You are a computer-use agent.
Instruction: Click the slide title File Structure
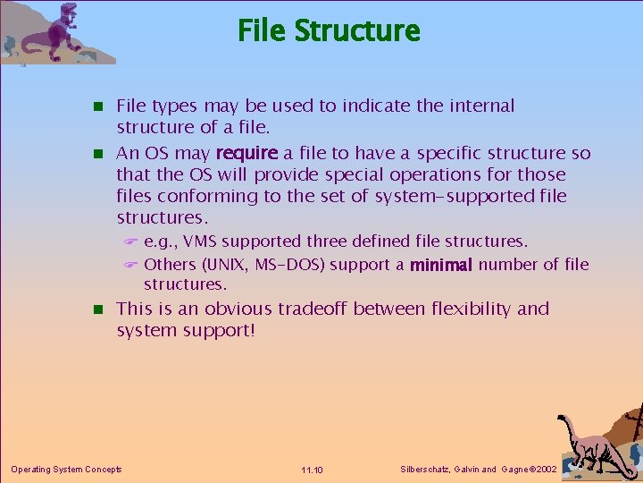click(329, 30)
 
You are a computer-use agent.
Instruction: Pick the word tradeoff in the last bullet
click(313, 309)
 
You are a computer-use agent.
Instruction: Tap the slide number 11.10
click(313, 470)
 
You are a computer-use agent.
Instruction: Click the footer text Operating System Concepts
click(66, 469)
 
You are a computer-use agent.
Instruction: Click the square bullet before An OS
click(99, 154)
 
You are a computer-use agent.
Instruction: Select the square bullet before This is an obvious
click(99, 310)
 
